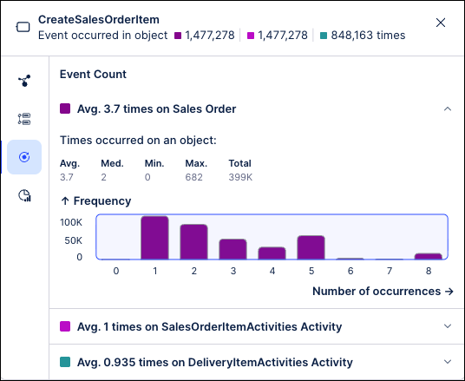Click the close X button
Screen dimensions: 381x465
click(441, 23)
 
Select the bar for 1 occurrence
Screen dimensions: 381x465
click(154, 238)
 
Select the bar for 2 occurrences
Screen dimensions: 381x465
click(193, 242)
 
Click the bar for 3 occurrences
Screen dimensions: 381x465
click(232, 249)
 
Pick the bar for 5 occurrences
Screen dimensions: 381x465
click(311, 247)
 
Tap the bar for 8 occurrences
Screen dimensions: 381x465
click(428, 256)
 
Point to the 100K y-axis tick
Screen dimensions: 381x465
click(71, 222)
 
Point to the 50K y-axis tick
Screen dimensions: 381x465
click(74, 240)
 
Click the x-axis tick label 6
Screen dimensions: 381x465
click(350, 271)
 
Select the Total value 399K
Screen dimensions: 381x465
click(241, 177)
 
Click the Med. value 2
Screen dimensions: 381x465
click(104, 177)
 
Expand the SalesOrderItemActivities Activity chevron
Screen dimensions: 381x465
click(448, 326)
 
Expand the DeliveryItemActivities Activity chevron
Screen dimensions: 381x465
click(448, 362)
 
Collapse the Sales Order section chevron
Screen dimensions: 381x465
click(448, 109)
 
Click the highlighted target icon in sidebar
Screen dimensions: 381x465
click(24, 157)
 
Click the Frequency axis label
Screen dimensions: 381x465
click(95, 201)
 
